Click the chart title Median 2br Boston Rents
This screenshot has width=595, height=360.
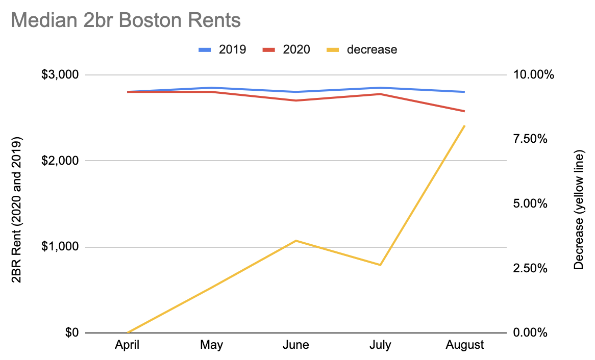coord(126,21)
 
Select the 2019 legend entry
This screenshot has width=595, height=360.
coord(222,49)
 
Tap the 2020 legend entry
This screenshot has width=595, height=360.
coord(286,49)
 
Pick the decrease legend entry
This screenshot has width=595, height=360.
coord(361,49)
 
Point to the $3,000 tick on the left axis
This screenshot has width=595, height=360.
coord(60,75)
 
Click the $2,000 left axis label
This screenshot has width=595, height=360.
coord(60,161)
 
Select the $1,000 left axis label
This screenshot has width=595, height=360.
coord(60,247)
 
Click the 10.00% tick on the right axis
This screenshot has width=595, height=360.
coord(533,75)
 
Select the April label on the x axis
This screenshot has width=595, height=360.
coord(127,345)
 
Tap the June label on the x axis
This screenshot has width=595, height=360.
coord(296,345)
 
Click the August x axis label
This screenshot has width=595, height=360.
coord(464,345)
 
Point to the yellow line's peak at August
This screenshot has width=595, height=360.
coord(464,125)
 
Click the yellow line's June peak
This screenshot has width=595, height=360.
coord(296,240)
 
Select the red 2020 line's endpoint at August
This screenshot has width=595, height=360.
coord(464,111)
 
